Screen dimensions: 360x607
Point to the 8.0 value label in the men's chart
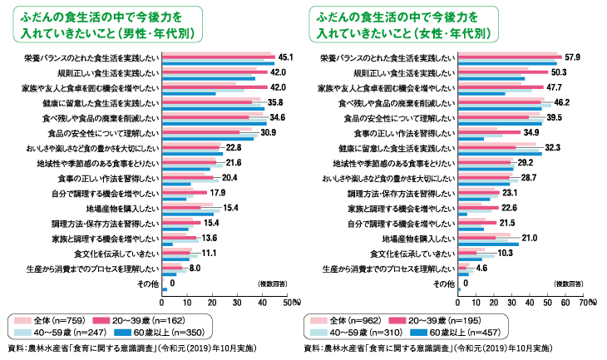195,269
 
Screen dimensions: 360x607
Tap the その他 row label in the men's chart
147,284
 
